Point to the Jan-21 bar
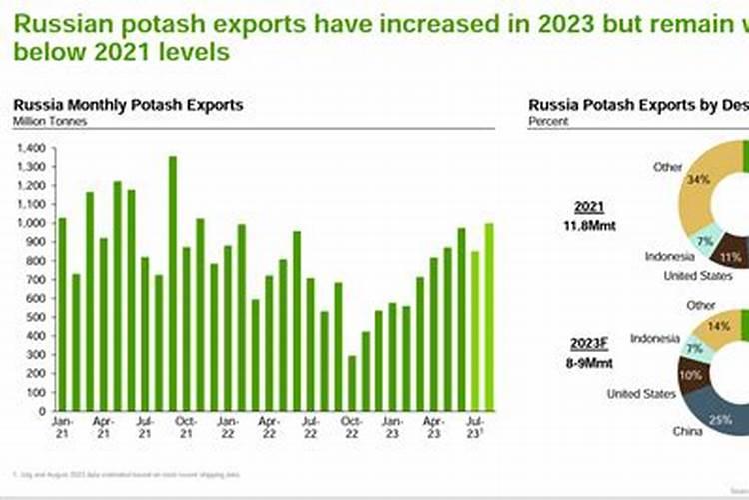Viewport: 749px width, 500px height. [x=62, y=314]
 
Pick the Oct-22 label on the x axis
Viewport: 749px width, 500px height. [x=351, y=421]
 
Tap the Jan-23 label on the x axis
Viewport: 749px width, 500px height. [x=392, y=421]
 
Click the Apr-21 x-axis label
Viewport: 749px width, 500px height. [x=103, y=421]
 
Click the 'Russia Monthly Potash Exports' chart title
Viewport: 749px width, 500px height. [x=128, y=105]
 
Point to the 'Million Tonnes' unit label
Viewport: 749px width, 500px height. [x=50, y=121]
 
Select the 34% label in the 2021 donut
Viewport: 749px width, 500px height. [x=699, y=180]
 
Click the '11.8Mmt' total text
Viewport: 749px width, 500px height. [x=588, y=225]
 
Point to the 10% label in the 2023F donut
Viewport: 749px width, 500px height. [x=689, y=374]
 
